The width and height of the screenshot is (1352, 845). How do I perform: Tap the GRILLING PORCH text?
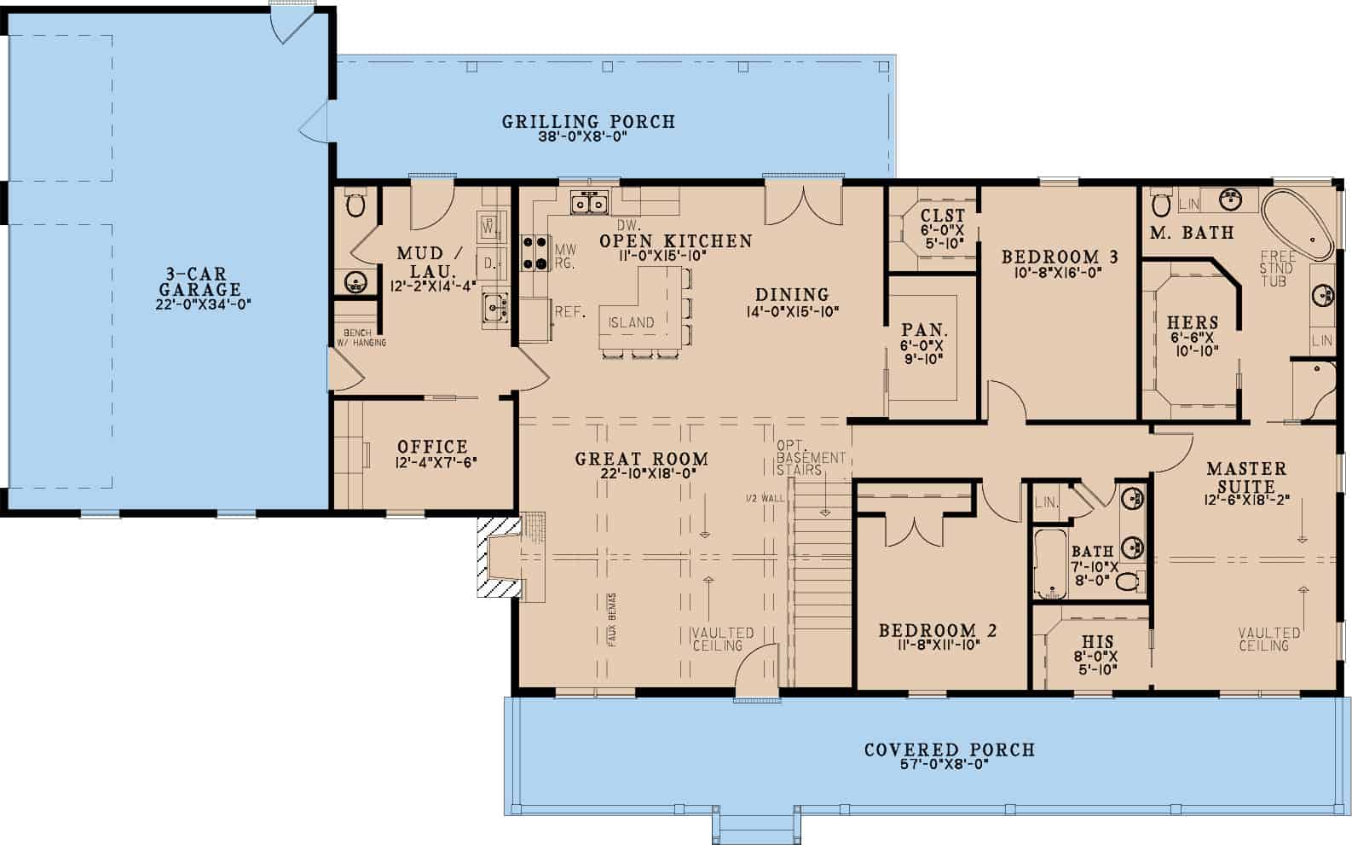(587, 122)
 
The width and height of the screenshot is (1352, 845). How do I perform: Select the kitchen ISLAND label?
(631, 322)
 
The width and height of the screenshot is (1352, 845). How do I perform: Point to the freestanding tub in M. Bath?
(1297, 225)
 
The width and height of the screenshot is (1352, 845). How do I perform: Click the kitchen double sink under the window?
(588, 204)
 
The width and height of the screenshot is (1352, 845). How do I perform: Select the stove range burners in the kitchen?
(534, 252)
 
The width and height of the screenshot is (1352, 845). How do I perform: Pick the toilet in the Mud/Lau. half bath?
(355, 205)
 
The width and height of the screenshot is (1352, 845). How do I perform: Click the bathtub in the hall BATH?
(1048, 564)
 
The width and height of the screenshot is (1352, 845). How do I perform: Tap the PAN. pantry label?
(924, 330)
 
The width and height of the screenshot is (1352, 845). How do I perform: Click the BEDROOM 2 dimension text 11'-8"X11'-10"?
(937, 645)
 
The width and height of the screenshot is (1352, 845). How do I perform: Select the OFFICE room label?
(432, 446)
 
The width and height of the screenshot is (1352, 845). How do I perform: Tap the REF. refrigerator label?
(569, 312)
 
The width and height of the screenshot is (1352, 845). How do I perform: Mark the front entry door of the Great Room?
(756, 682)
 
